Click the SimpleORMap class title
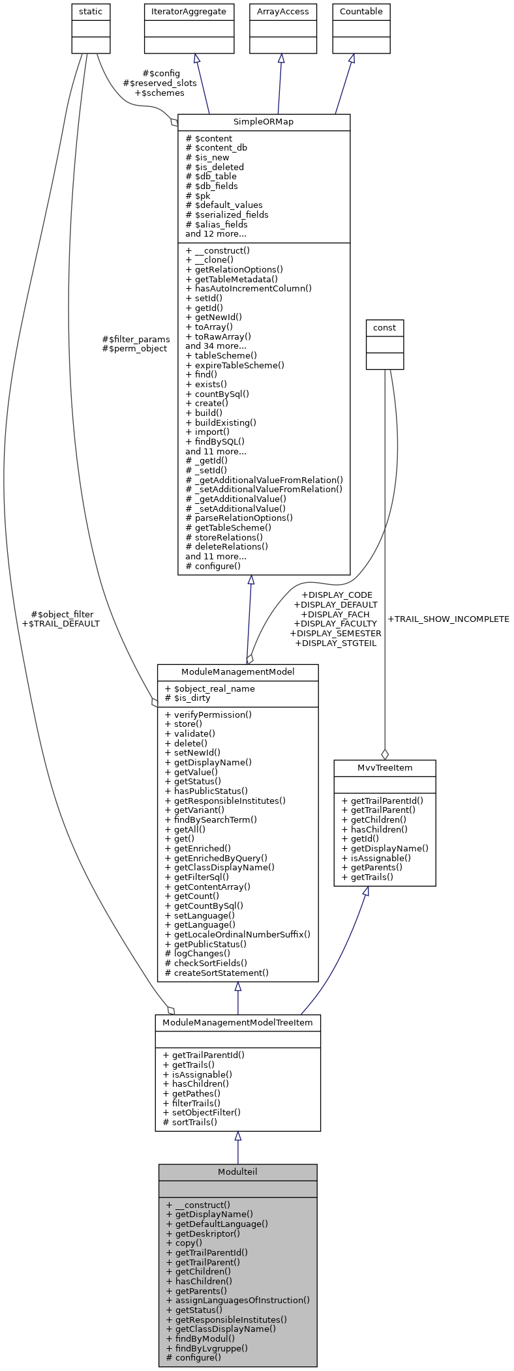[264, 122]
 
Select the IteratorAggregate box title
[189, 12]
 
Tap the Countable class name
[361, 12]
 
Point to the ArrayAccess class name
[282, 12]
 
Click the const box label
[384, 327]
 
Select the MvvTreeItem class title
[384, 767]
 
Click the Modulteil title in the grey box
[237, 1172]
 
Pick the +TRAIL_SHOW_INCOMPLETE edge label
[448, 619]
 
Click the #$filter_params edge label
[136, 339]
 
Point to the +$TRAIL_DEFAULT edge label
[61, 623]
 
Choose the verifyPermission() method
[209, 715]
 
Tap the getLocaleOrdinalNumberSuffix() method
[237, 934]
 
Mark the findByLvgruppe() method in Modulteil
[207, 1348]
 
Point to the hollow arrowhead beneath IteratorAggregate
[196, 58]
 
